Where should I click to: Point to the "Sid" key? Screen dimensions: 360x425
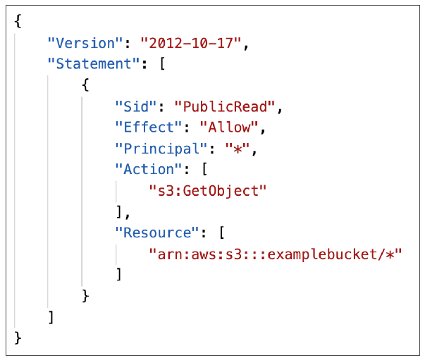pyautogui.click(x=135, y=106)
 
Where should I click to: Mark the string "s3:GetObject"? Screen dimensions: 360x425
pyautogui.click(x=207, y=191)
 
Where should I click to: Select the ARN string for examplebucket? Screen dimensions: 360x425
pyautogui.click(x=275, y=254)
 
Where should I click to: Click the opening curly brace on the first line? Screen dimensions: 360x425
pyautogui.click(x=18, y=22)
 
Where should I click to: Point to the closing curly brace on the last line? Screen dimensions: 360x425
pyautogui.click(x=18, y=339)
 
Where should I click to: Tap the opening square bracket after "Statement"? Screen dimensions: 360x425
pyautogui.click(x=161, y=64)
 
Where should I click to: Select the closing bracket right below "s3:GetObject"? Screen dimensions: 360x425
pyautogui.click(x=119, y=212)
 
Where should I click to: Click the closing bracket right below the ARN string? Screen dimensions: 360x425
pyautogui.click(x=119, y=275)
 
